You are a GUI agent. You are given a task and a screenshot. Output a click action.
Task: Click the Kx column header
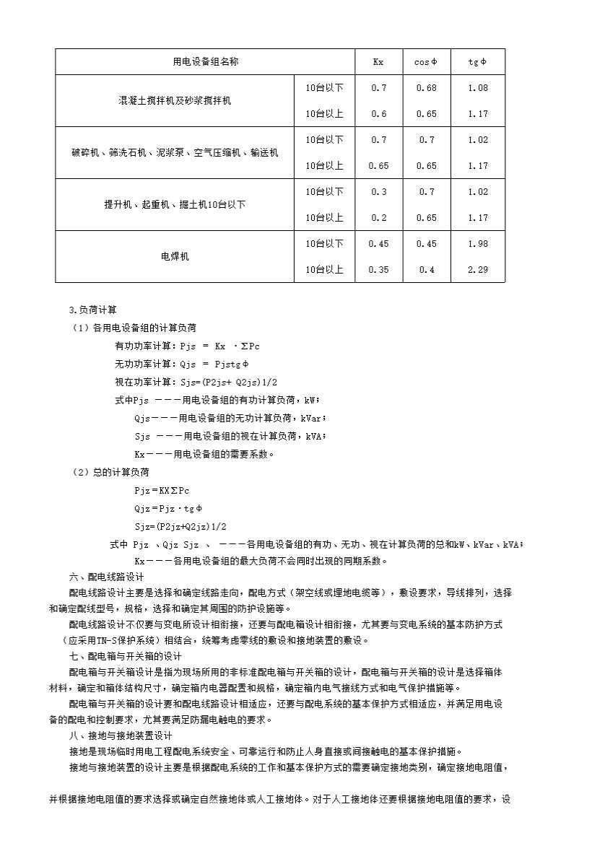coord(378,62)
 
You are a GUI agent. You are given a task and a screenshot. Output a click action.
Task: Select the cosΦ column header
coord(426,62)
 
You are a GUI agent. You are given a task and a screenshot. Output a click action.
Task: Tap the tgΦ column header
coord(477,62)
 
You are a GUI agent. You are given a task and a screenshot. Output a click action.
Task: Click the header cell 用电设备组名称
coord(205,62)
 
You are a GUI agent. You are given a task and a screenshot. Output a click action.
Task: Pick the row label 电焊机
coord(175,256)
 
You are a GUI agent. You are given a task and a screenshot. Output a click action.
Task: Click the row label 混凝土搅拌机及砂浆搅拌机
coord(175,101)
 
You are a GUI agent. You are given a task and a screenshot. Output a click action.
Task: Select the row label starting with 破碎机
coord(175,153)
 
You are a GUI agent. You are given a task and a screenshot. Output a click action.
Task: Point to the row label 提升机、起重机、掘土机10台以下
coord(175,205)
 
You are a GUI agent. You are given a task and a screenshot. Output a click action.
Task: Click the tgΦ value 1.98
coord(477,244)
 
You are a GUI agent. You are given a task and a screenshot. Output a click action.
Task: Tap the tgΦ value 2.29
coord(477,270)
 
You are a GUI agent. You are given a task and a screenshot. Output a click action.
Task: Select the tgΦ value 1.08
coord(477,88)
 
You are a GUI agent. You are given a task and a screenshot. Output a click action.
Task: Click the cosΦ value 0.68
coord(426,88)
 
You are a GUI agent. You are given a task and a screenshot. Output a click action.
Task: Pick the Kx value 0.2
coord(378,218)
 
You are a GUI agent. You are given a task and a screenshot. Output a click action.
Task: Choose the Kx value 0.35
coord(378,270)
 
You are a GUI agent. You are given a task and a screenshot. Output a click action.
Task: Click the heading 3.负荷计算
coord(87,310)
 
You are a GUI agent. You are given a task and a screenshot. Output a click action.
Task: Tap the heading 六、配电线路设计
coord(106,577)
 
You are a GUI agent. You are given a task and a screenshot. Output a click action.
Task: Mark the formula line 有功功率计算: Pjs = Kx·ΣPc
coord(187,346)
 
